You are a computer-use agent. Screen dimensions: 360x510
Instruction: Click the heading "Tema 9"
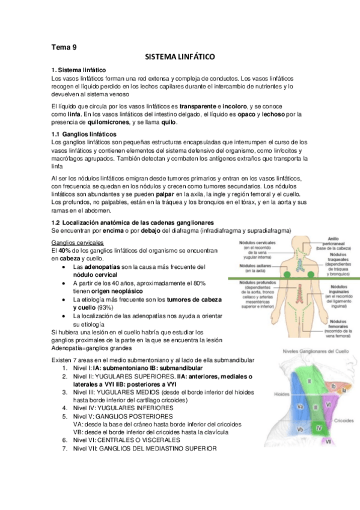[x=64, y=46]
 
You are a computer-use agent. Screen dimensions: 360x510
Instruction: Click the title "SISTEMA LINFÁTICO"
[x=180, y=57]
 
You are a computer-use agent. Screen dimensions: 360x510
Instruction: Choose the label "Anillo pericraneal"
[x=333, y=240]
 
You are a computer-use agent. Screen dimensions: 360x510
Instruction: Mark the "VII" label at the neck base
[x=328, y=442]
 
